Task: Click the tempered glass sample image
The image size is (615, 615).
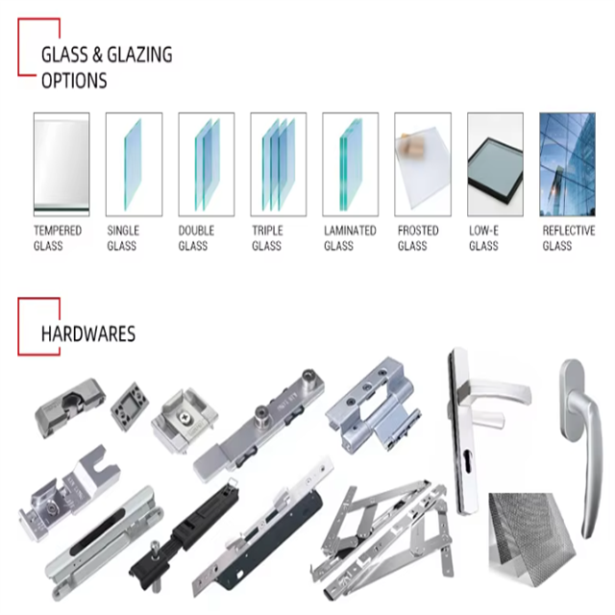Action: click(x=61, y=163)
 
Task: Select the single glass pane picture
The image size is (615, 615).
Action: click(x=134, y=163)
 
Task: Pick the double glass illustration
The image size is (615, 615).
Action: click(x=206, y=163)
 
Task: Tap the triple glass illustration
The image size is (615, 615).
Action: click(x=278, y=163)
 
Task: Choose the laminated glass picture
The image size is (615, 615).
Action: click(x=350, y=163)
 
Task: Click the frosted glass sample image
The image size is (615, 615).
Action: click(x=423, y=163)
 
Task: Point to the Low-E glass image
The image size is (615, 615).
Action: click(x=495, y=163)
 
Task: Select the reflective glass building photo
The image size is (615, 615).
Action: click(x=567, y=163)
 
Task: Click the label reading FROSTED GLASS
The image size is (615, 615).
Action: click(x=417, y=238)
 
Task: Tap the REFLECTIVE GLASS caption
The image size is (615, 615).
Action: click(x=568, y=238)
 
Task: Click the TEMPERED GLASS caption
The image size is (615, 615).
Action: click(x=58, y=238)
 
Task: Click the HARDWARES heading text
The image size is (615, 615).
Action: click(x=87, y=334)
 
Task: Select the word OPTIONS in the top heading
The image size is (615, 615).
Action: click(x=74, y=81)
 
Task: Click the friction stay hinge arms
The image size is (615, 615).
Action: click(x=375, y=529)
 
